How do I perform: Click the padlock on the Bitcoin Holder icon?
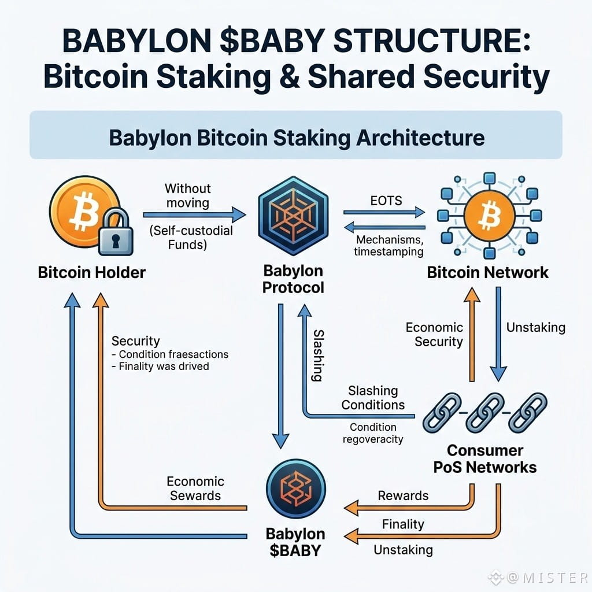(x=116, y=232)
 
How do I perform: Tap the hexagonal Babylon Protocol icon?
(x=293, y=216)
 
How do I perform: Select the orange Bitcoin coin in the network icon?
(x=489, y=216)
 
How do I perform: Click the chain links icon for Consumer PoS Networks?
(x=485, y=413)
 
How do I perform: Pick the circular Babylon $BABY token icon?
(x=295, y=489)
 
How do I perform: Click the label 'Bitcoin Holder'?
(x=92, y=272)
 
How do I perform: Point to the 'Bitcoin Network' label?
(x=487, y=272)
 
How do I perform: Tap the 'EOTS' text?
(x=386, y=201)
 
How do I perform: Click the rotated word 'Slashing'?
(x=319, y=356)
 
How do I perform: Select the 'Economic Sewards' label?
(x=195, y=488)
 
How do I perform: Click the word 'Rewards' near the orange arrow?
(x=403, y=495)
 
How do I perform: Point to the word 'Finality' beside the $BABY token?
(x=403, y=524)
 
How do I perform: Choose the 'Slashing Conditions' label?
(x=373, y=398)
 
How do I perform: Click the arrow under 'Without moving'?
(x=194, y=215)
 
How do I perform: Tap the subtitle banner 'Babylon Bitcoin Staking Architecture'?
(x=296, y=135)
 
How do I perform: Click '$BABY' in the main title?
(x=272, y=41)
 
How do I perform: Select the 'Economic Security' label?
(x=435, y=334)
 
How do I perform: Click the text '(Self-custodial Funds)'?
(x=191, y=238)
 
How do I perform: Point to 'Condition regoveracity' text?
(x=373, y=433)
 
